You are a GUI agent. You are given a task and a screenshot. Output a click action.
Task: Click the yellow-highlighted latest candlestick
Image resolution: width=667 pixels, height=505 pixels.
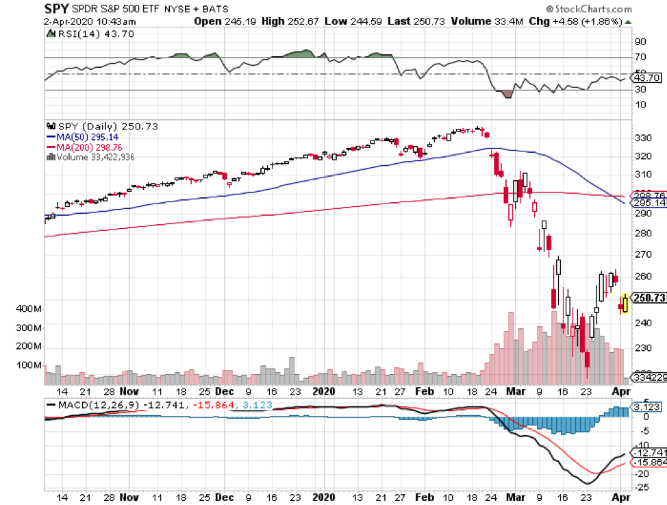tap(625, 303)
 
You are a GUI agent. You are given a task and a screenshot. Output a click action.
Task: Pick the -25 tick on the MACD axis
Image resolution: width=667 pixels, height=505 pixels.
tap(642, 487)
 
